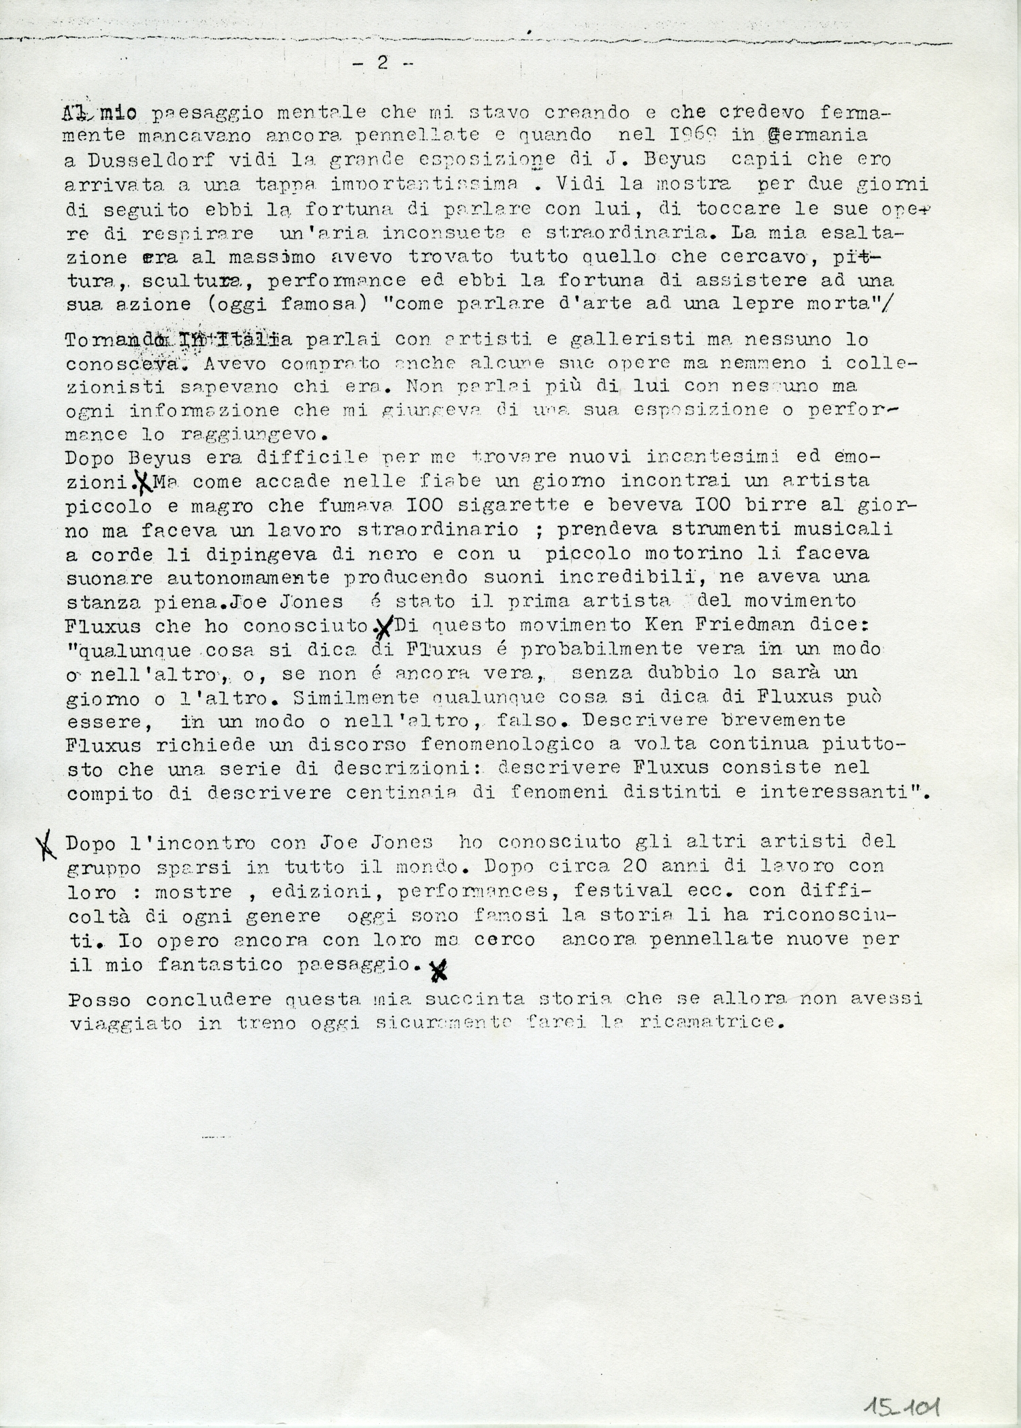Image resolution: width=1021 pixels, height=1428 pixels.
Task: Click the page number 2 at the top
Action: (x=382, y=63)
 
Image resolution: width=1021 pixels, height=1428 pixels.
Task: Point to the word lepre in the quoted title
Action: (x=774, y=304)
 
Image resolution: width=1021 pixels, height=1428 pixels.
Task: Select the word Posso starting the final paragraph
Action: (x=102, y=1000)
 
